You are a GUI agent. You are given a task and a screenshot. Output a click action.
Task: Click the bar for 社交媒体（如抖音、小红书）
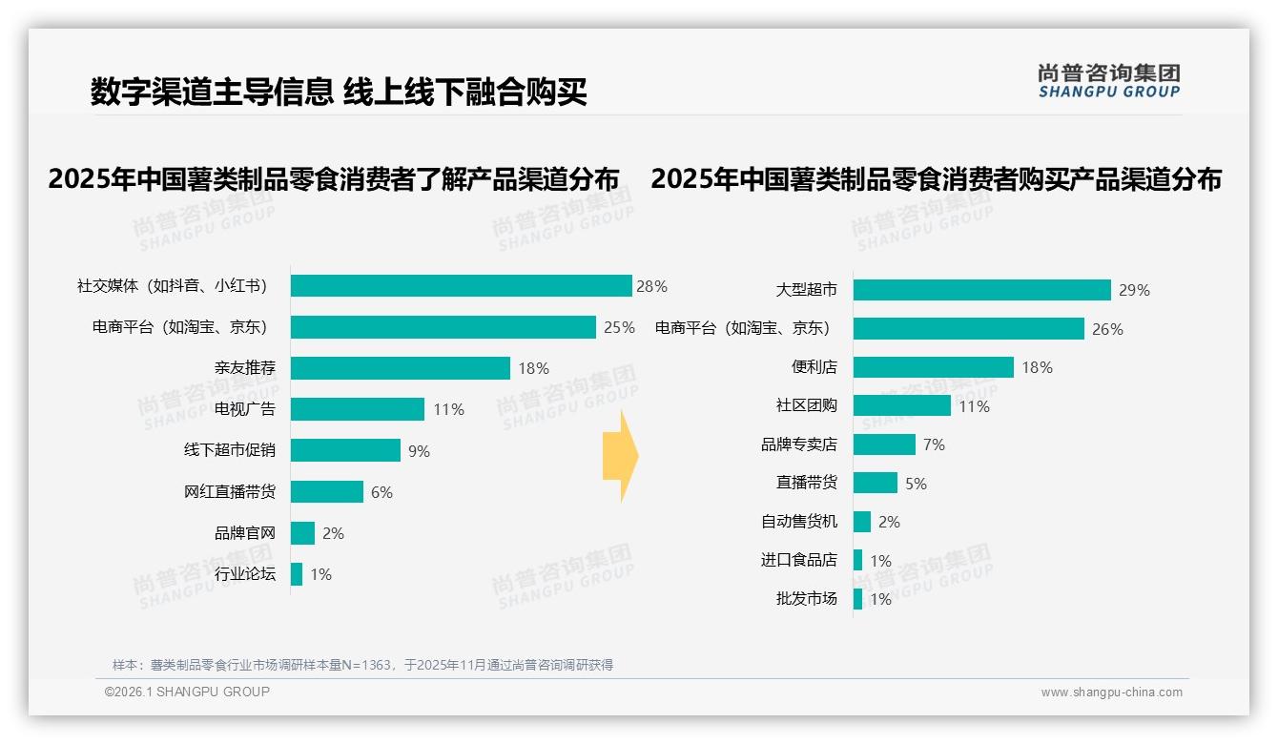(x=461, y=286)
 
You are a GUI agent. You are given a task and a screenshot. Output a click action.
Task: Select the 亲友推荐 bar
(x=401, y=368)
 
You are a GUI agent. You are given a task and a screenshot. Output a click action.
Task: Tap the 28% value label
(x=652, y=286)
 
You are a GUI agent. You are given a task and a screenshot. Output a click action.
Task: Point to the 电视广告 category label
(x=245, y=409)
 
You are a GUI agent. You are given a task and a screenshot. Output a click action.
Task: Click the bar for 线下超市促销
(x=345, y=450)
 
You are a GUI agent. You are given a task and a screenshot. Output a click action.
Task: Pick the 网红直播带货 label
(x=230, y=492)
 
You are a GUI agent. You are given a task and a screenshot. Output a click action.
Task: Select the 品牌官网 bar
(x=302, y=533)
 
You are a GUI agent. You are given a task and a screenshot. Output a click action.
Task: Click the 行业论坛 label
(x=245, y=574)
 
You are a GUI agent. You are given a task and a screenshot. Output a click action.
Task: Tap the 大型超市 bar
(x=981, y=290)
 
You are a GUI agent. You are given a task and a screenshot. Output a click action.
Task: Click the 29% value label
(x=1135, y=291)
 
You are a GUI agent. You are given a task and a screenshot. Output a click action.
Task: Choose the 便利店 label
(x=814, y=367)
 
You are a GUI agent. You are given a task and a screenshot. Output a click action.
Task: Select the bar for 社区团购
(x=901, y=405)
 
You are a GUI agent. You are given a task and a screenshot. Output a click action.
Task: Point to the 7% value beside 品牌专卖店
(x=934, y=445)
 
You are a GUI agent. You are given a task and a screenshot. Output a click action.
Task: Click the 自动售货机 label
(x=799, y=522)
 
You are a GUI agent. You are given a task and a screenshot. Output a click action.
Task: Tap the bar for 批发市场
(x=857, y=599)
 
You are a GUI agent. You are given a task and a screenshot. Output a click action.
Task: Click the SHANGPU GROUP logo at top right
(x=1108, y=81)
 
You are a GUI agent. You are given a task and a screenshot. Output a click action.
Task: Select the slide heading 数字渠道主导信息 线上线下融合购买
(x=339, y=92)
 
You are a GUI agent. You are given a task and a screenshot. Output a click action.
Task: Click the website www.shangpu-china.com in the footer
(x=1111, y=692)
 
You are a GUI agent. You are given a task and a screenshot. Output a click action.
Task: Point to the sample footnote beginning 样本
(x=362, y=665)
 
